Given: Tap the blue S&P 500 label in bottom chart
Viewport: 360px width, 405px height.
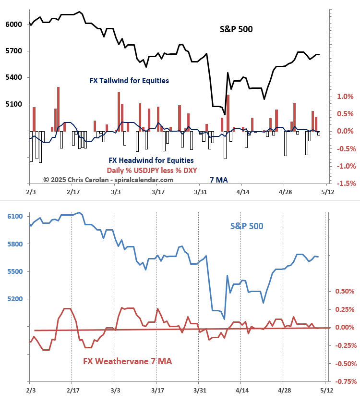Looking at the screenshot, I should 246,226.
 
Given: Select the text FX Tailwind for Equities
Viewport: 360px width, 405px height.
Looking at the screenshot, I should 129,81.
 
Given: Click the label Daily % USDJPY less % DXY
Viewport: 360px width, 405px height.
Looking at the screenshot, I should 152,170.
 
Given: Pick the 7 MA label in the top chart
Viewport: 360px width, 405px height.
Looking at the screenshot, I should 218,180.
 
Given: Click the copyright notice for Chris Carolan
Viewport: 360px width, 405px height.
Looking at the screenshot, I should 108,180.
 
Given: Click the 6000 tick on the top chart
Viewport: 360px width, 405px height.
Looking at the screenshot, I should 13,25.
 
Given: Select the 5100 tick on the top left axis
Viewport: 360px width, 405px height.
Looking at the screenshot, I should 13,104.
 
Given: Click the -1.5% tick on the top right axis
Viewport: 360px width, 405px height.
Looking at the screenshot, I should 344,184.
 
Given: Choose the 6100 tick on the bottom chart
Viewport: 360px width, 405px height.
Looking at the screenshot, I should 14,217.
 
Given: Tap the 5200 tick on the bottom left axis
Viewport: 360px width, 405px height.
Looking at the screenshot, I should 14,299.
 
